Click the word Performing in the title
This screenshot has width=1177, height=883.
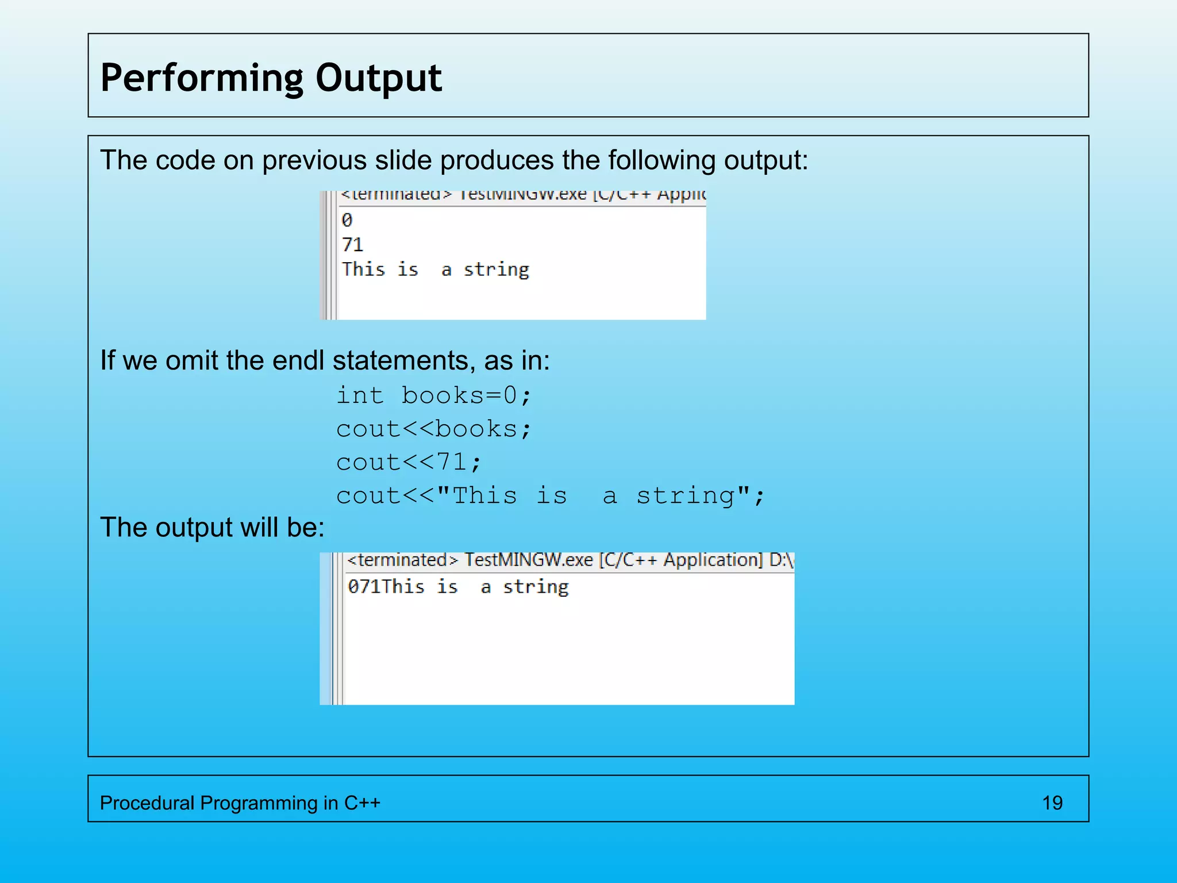click(201, 78)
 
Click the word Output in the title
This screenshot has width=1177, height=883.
click(379, 78)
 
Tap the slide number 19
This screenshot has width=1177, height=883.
click(1052, 803)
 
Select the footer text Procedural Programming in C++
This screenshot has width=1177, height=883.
click(240, 803)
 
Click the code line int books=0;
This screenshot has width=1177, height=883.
click(434, 396)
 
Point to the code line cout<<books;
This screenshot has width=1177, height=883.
click(434, 429)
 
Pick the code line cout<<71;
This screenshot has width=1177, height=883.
click(409, 462)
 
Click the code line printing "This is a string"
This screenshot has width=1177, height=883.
click(550, 496)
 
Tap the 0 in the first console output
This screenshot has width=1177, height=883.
click(347, 220)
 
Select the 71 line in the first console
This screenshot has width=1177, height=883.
click(352, 245)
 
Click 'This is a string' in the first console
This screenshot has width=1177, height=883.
click(435, 270)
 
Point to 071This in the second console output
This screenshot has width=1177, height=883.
click(386, 587)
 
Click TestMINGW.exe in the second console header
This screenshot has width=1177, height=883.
click(528, 560)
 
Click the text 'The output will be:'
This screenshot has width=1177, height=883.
click(213, 527)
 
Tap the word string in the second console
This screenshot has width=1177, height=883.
click(536, 587)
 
